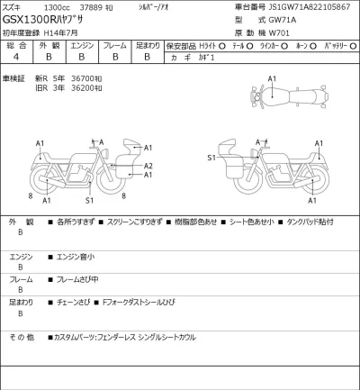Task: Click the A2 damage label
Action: point(148,166)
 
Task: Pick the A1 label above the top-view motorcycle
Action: point(272,79)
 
